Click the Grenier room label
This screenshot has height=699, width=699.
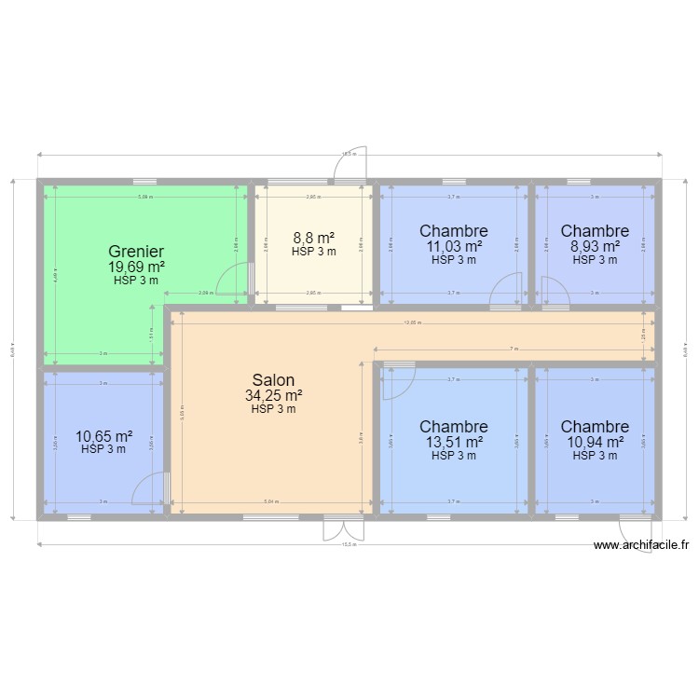pyautogui.click(x=136, y=252)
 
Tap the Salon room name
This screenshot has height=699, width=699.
pyautogui.click(x=273, y=380)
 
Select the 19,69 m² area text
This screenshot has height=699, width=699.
pyautogui.click(x=136, y=267)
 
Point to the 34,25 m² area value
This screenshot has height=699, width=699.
pyautogui.click(x=273, y=396)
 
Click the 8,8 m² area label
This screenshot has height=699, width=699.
pyautogui.click(x=313, y=238)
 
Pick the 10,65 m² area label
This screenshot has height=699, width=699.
pyautogui.click(x=103, y=435)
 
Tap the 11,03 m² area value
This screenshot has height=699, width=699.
pyautogui.click(x=454, y=246)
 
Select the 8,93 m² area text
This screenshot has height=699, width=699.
pyautogui.click(x=595, y=246)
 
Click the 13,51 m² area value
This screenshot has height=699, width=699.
pyautogui.click(x=454, y=443)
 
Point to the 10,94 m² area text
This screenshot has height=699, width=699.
pyautogui.click(x=595, y=443)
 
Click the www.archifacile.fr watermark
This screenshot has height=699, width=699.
pyautogui.click(x=641, y=546)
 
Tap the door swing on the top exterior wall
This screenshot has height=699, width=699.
pyautogui.click(x=355, y=164)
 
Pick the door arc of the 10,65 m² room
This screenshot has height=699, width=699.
pyautogui.click(x=150, y=489)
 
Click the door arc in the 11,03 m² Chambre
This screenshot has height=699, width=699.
pyautogui.click(x=506, y=290)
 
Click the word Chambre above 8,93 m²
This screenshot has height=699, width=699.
pyautogui.click(x=595, y=231)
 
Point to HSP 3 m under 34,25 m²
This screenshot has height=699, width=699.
pyautogui.click(x=273, y=409)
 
